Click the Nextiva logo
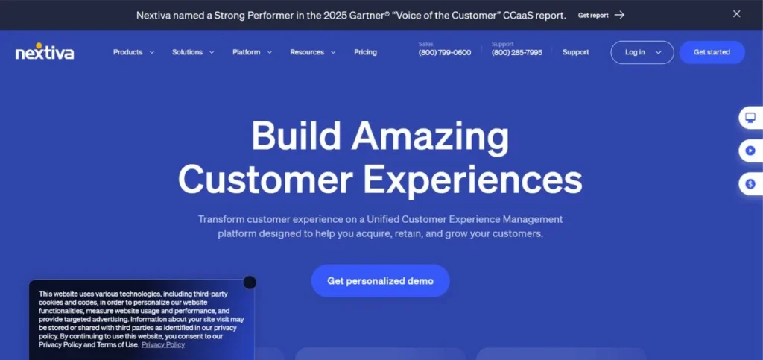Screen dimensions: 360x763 pos(45,51)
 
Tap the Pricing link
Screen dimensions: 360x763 pos(365,52)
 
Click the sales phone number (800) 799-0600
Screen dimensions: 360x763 pos(445,53)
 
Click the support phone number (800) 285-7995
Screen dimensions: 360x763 pos(517,53)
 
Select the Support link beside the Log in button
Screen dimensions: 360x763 pos(575,52)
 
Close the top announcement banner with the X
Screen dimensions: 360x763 pos(737,14)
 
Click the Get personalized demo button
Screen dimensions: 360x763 pos(380,281)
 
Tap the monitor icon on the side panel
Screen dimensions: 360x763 pos(750,118)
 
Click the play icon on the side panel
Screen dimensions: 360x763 pos(750,151)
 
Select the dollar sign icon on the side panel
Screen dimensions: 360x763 pos(750,183)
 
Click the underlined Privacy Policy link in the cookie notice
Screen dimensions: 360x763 pos(163,345)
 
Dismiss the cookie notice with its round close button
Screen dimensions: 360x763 pos(250,282)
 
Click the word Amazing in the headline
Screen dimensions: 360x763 pos(431,137)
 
